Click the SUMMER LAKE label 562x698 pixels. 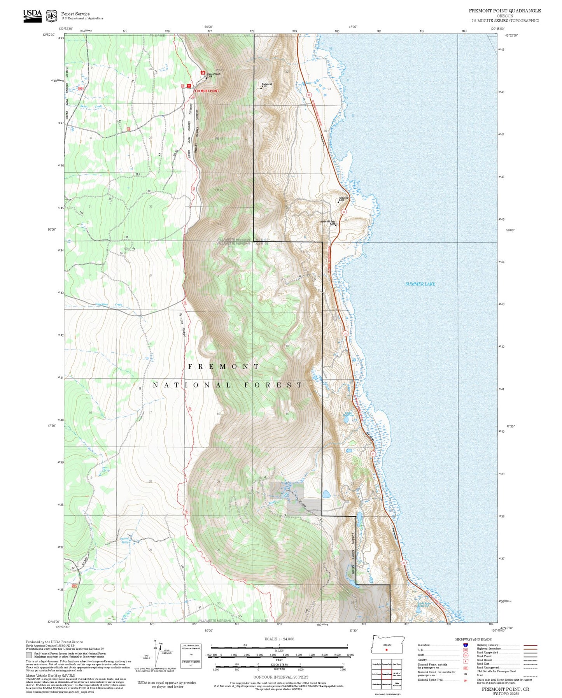click(420, 284)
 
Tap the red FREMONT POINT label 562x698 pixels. click(207, 91)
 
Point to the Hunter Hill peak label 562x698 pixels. click(343, 198)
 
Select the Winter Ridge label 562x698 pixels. click(182, 324)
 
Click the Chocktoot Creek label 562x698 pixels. click(109, 305)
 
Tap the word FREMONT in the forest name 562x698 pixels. click(224, 367)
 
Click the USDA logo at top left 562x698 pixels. click(32, 16)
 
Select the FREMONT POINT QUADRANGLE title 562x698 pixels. click(504, 11)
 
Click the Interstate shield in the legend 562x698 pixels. click(465, 645)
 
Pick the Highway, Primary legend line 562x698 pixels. click(530, 645)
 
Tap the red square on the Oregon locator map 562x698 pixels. click(387, 649)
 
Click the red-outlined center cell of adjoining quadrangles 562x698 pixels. click(386, 673)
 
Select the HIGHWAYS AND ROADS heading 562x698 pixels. click(473, 639)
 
